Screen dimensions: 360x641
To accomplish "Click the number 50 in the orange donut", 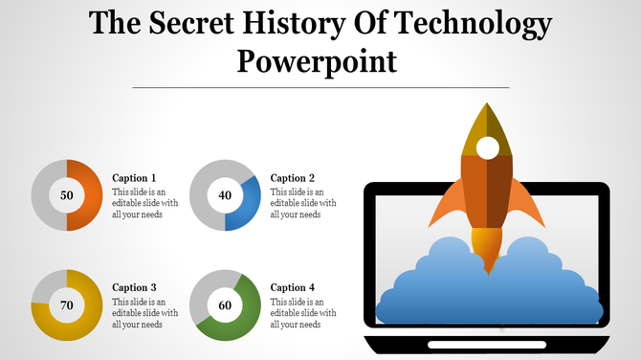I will tap(67, 195).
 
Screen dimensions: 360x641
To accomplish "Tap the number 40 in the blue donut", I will tap(225, 195).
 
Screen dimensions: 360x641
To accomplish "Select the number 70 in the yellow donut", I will tap(67, 305).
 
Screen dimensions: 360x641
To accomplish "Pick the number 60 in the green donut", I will tap(225, 305).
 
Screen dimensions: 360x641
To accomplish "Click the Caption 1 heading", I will tap(134, 178).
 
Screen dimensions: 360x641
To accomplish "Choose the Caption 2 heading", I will tap(293, 178).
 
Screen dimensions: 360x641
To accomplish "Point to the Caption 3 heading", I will tap(134, 287).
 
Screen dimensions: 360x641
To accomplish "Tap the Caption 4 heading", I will tap(293, 287).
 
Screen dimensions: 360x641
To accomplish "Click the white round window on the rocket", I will tap(487, 147).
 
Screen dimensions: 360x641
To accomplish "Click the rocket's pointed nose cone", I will tap(487, 120).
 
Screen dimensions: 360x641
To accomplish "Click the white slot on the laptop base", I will tap(486, 344).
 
